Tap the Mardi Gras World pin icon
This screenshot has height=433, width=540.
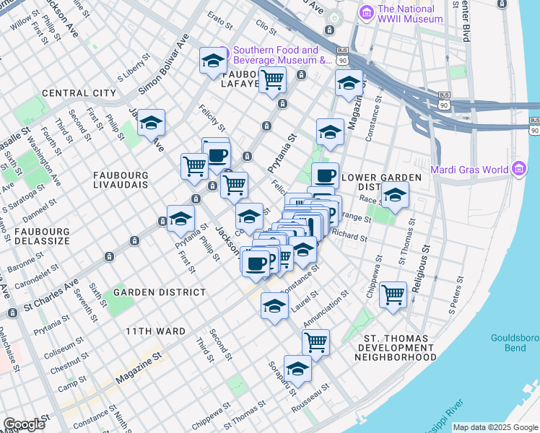518,170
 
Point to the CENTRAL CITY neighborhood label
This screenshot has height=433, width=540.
79,93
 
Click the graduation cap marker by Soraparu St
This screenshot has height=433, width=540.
297,369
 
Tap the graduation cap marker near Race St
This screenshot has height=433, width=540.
395,195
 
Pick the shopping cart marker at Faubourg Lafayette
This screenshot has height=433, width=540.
272,79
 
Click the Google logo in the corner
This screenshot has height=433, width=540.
24,424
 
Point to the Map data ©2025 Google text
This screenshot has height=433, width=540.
496,427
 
